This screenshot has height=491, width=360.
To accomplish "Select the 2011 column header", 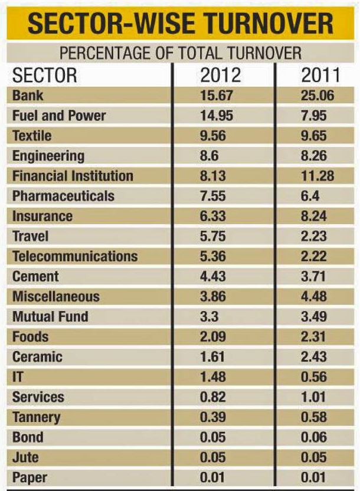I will click(319, 76).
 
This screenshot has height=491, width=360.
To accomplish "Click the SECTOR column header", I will click(45, 76).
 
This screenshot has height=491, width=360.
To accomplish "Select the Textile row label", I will click(32, 136).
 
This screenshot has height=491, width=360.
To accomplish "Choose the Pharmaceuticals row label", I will click(63, 196).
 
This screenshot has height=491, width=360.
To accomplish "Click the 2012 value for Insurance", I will click(213, 216).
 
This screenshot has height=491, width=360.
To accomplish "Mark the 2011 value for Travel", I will click(314, 236).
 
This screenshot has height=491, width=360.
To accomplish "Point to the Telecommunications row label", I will click(74, 256).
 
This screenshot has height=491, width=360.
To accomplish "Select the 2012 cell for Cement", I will click(213, 276).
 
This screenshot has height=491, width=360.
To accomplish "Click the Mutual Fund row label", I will click(50, 316).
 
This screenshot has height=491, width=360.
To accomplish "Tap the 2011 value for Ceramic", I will click(314, 356).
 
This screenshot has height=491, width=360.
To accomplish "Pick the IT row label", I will click(18, 377).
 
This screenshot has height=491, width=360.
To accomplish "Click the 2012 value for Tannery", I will click(213, 417).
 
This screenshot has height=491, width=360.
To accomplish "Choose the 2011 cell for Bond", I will click(314, 437).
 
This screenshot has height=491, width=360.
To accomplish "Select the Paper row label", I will click(29, 477).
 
